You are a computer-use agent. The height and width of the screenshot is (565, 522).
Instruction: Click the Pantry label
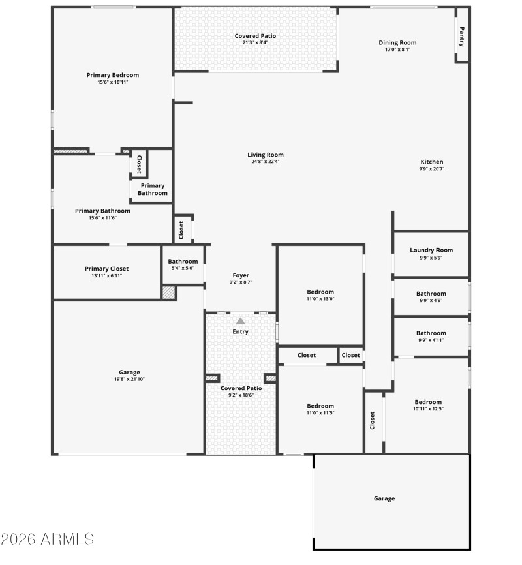(x=462, y=36)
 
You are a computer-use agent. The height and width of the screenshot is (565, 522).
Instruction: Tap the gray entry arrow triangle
(x=241, y=321)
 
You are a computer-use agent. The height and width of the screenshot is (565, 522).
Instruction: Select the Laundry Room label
(x=431, y=250)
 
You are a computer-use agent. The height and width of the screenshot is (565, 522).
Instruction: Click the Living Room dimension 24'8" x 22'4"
(x=266, y=162)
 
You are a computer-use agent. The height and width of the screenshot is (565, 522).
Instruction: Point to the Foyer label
(x=241, y=275)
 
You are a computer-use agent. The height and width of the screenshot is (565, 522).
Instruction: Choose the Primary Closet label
(x=106, y=269)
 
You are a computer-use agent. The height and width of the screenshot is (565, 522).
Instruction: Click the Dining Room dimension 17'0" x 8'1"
(x=397, y=50)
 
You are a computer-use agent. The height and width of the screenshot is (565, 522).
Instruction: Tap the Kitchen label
(x=431, y=162)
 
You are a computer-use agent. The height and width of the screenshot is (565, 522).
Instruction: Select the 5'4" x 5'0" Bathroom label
(x=183, y=262)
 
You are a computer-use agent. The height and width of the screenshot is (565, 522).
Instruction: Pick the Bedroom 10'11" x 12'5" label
(x=428, y=402)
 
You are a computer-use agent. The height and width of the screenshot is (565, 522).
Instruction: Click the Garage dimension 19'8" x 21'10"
(x=129, y=379)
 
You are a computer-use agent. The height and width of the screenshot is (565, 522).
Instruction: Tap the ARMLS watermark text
(x=47, y=540)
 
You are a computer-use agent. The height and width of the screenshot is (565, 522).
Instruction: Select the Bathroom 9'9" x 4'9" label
(x=431, y=294)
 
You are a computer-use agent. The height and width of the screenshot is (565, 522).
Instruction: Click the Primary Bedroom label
(x=113, y=75)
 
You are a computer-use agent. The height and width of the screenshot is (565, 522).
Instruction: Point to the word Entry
(x=241, y=332)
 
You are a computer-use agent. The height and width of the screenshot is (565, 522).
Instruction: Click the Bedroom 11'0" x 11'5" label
(x=320, y=406)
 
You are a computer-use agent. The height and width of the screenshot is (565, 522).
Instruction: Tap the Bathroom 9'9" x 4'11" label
(x=431, y=333)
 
